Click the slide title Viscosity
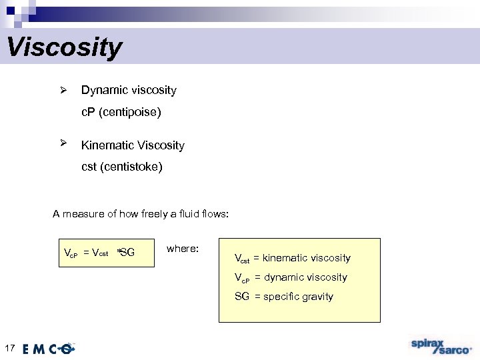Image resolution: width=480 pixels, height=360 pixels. [64, 47]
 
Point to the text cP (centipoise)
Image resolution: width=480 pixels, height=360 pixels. [121, 112]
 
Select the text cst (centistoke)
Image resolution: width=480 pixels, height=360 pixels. [121, 167]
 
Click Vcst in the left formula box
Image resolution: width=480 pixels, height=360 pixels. [101, 253]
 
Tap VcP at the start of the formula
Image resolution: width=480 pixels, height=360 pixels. [71, 253]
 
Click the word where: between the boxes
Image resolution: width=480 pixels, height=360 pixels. [182, 249]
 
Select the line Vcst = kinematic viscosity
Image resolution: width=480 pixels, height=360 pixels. [292, 258]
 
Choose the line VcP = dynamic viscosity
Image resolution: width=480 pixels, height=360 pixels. [291, 277]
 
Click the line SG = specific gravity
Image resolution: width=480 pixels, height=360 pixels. [283, 297]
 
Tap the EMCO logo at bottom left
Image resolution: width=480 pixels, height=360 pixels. [49, 349]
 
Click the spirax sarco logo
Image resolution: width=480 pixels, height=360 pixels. [441, 346]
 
